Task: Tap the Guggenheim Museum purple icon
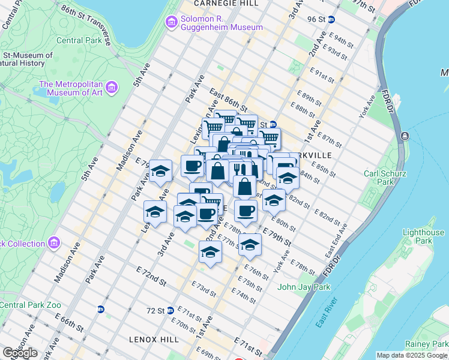pyautogui.click(x=171, y=22)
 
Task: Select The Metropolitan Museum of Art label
pyautogui.click(x=71, y=88)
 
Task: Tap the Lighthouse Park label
pyautogui.click(x=424, y=236)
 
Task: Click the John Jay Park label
pyautogui.click(x=304, y=287)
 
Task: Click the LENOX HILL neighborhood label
pyautogui.click(x=154, y=339)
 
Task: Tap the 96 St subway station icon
pyautogui.click(x=331, y=19)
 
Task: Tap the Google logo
pyautogui.click(x=20, y=353)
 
